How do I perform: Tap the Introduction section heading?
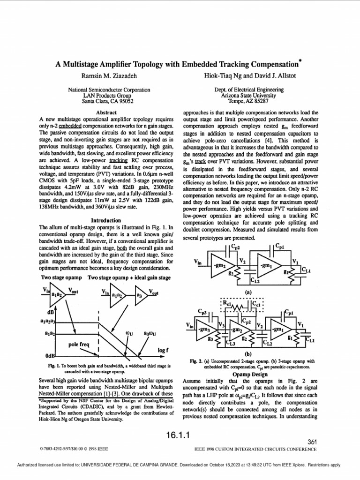pyautogui.click(x=105, y=220)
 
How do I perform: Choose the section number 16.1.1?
pyautogui.click(x=180, y=435)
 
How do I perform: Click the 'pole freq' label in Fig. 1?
pyautogui.click(x=79, y=345)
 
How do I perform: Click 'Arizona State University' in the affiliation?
pyautogui.click(x=248, y=95)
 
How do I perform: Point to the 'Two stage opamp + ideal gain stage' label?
pyautogui.click(x=129, y=277)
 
